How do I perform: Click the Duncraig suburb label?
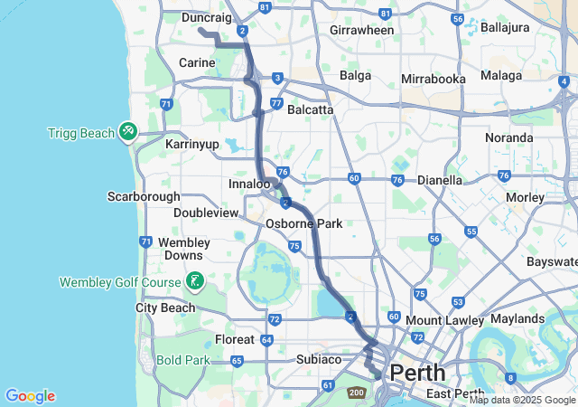207,17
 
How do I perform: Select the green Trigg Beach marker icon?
128,133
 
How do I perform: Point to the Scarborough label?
144,196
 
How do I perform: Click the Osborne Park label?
303,223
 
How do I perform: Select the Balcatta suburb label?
310,109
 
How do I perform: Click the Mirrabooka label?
433,79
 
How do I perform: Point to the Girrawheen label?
362,30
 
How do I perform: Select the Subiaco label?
318,359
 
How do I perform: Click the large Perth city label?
417,372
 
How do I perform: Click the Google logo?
30,396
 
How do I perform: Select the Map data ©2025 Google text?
522,400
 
